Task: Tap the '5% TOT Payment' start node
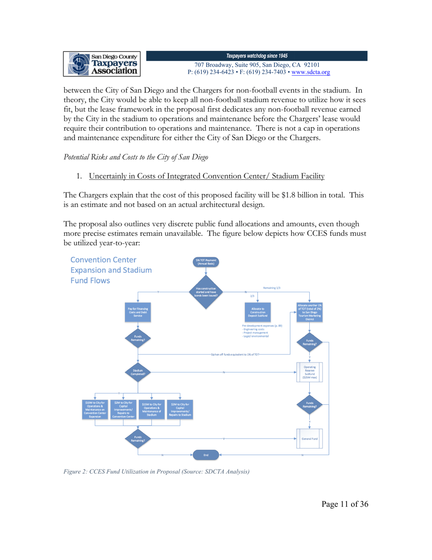[206, 262]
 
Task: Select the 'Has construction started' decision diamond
[206, 291]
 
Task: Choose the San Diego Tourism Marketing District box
[309, 312]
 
